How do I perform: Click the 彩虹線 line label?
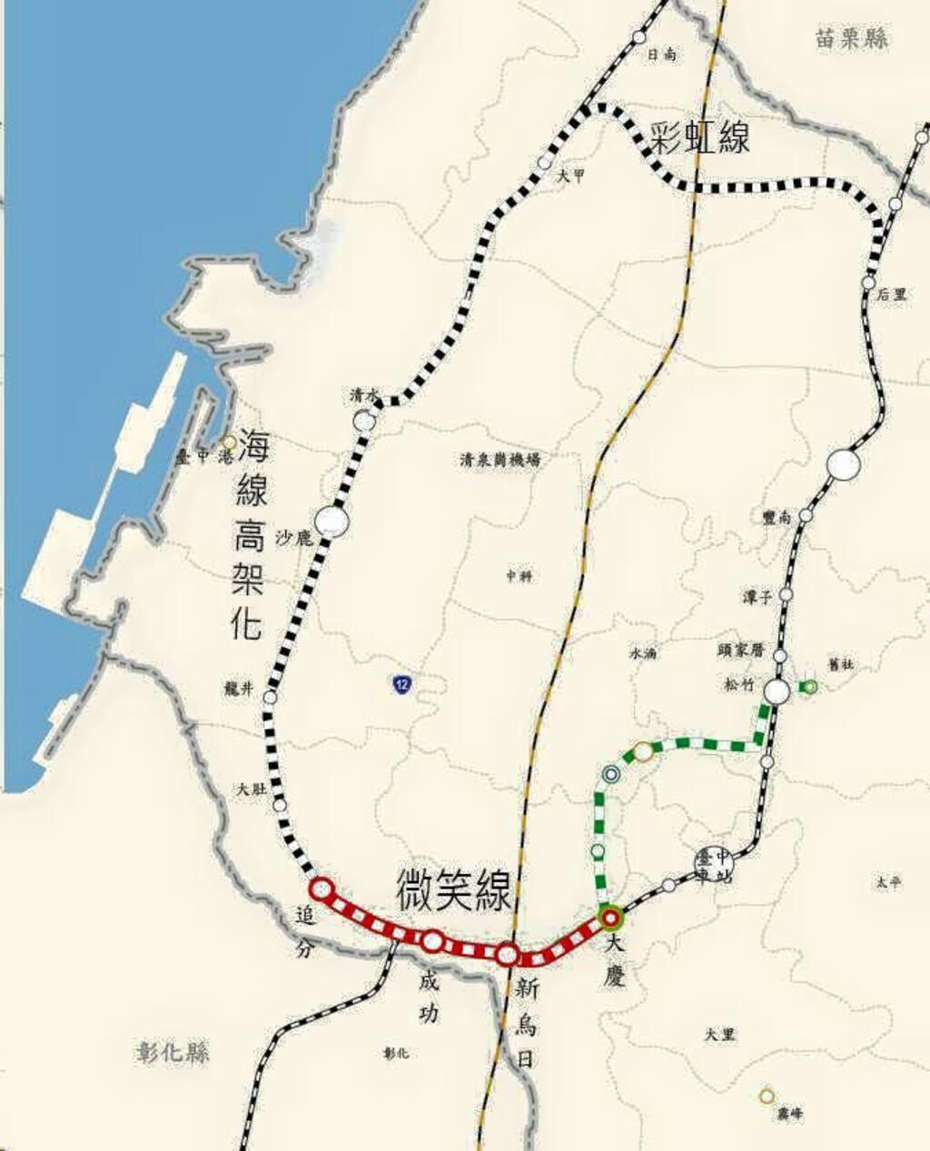[x=699, y=138]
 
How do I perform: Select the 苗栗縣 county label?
[x=851, y=38]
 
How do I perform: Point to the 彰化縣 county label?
[x=173, y=1052]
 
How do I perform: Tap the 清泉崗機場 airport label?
[x=500, y=460]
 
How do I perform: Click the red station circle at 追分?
[x=322, y=888]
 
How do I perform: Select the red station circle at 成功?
[x=433, y=941]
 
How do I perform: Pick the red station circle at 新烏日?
[x=509, y=955]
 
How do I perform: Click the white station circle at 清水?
[x=365, y=421]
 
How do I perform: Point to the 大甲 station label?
[x=571, y=177]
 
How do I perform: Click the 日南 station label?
[x=661, y=55]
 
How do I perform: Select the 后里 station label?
[x=892, y=294]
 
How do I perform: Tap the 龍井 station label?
[x=237, y=689]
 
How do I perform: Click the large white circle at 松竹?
[x=777, y=691]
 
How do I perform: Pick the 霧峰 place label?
[x=789, y=1113]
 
